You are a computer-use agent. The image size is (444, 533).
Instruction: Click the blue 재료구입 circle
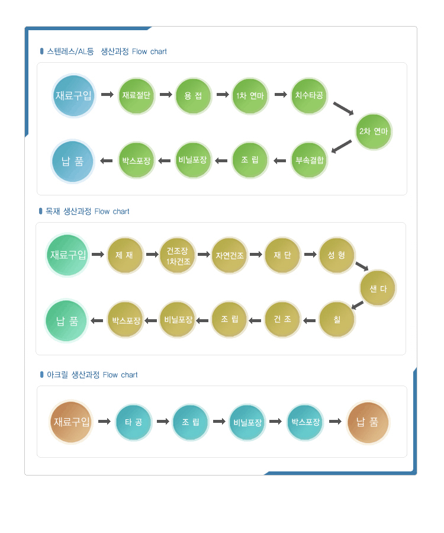[74, 95]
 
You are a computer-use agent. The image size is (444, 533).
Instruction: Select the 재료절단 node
[136, 95]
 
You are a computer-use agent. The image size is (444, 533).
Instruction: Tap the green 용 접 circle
[194, 96]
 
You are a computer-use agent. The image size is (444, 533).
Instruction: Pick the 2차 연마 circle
[374, 131]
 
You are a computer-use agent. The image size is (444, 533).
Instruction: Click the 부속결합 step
[309, 160]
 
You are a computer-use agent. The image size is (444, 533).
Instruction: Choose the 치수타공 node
[309, 95]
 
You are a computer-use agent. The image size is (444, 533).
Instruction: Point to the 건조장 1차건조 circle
[178, 256]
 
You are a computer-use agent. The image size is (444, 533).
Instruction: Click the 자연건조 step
[230, 255]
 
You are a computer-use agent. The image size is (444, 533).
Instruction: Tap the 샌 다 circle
[378, 288]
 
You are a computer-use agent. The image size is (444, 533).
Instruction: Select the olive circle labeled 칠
[337, 319]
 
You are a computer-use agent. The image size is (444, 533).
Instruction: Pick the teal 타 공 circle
[134, 422]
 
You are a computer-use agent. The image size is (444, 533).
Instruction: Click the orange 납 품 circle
[368, 422]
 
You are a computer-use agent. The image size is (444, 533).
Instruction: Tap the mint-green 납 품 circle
[66, 320]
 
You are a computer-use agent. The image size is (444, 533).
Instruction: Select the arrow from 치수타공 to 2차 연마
[343, 108]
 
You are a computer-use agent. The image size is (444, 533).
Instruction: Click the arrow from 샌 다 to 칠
[358, 305]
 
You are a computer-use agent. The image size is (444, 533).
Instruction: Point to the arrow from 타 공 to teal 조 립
[163, 422]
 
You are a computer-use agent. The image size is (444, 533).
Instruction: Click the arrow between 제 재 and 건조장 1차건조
[153, 254]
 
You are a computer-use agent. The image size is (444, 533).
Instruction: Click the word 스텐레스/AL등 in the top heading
[70, 52]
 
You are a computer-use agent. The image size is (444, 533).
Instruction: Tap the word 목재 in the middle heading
[53, 211]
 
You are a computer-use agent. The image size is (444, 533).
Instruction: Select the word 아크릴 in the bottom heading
[57, 375]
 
